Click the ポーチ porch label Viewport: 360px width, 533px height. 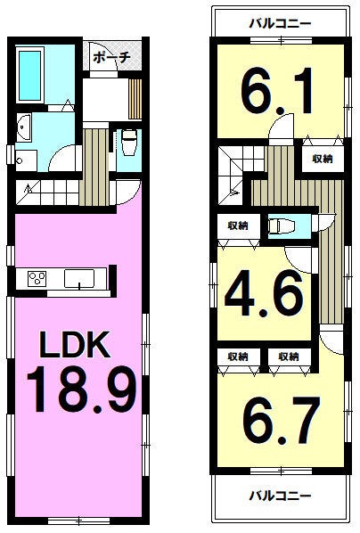112,57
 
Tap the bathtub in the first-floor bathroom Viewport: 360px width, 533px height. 30,75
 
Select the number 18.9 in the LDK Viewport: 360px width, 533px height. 82,389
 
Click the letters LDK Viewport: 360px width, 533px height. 75,344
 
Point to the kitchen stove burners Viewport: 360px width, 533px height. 37,279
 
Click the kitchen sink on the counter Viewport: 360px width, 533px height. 79,279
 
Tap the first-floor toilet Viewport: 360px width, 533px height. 129,142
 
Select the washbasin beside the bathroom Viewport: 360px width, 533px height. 24,128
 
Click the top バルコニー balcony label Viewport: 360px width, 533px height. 280,24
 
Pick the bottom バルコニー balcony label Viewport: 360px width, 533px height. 280,496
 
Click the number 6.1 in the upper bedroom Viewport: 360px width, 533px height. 277,91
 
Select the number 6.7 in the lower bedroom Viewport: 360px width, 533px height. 282,421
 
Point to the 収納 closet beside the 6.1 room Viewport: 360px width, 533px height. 323,159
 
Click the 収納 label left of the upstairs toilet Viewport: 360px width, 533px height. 238,225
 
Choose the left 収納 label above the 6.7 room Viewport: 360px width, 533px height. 238,357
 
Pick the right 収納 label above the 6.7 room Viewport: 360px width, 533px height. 289,357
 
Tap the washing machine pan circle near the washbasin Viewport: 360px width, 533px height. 19,160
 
